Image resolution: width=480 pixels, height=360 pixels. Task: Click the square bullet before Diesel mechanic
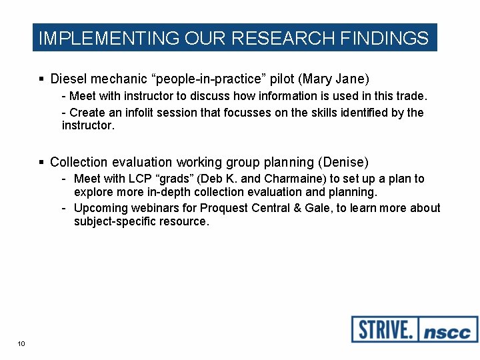click(42, 79)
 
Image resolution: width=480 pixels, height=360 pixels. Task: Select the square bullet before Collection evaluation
click(42, 162)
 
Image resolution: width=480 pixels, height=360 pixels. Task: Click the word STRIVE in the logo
click(384, 329)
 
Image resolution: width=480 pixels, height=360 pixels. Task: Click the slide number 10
click(21, 343)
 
